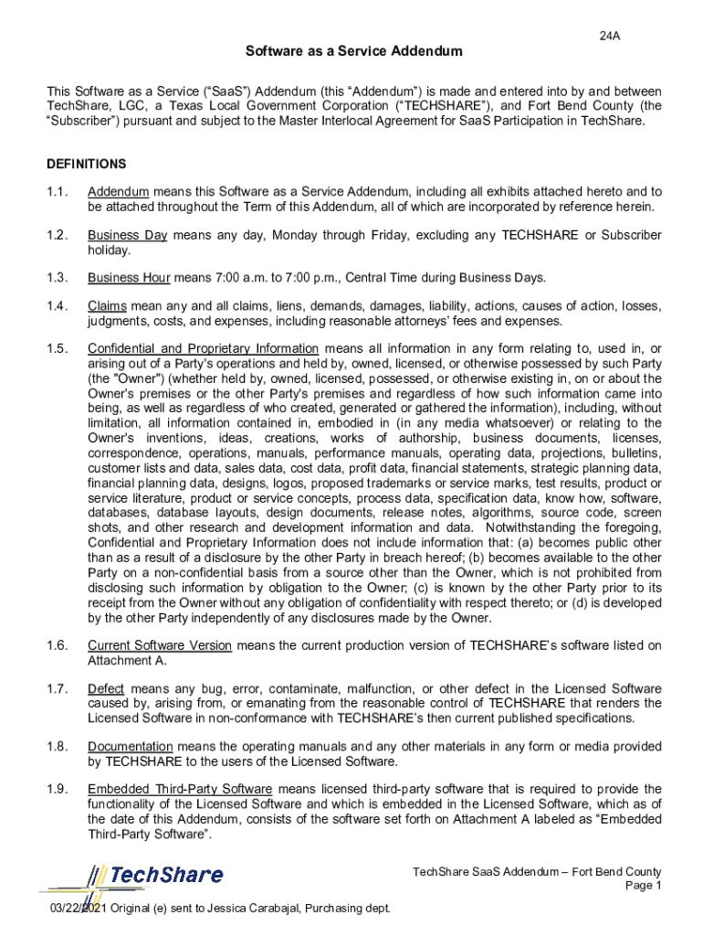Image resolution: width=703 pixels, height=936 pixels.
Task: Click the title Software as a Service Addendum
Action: coord(351,52)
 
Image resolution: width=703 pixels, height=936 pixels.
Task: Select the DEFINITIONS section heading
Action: coord(86,165)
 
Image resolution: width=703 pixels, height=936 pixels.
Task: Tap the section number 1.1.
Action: coord(58,192)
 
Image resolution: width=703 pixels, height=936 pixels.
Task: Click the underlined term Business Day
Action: coord(127,235)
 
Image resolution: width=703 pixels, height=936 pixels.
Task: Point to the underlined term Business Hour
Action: coord(129,278)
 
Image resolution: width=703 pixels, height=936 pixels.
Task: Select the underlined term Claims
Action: coord(107,306)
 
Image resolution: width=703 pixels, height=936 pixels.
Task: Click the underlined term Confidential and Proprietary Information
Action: coord(203,348)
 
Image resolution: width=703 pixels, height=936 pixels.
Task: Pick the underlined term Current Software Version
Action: coord(160,645)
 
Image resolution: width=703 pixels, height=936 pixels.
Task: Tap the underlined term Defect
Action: coord(106,688)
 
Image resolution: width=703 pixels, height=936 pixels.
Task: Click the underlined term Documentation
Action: coord(130,747)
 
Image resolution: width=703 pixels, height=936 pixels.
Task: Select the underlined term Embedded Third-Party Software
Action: coord(180,789)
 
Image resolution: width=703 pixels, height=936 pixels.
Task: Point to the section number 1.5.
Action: coord(58,348)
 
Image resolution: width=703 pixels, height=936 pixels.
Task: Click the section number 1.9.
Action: coord(58,789)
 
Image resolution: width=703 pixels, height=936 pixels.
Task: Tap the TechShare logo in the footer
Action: coord(155,875)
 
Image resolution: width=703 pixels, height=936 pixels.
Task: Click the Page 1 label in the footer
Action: coord(643,886)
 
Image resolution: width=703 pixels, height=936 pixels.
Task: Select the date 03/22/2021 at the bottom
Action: coord(80,908)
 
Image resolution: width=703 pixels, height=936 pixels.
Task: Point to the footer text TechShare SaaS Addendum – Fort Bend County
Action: coord(537,872)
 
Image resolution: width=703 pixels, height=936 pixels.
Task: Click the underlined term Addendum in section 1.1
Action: coord(118,192)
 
